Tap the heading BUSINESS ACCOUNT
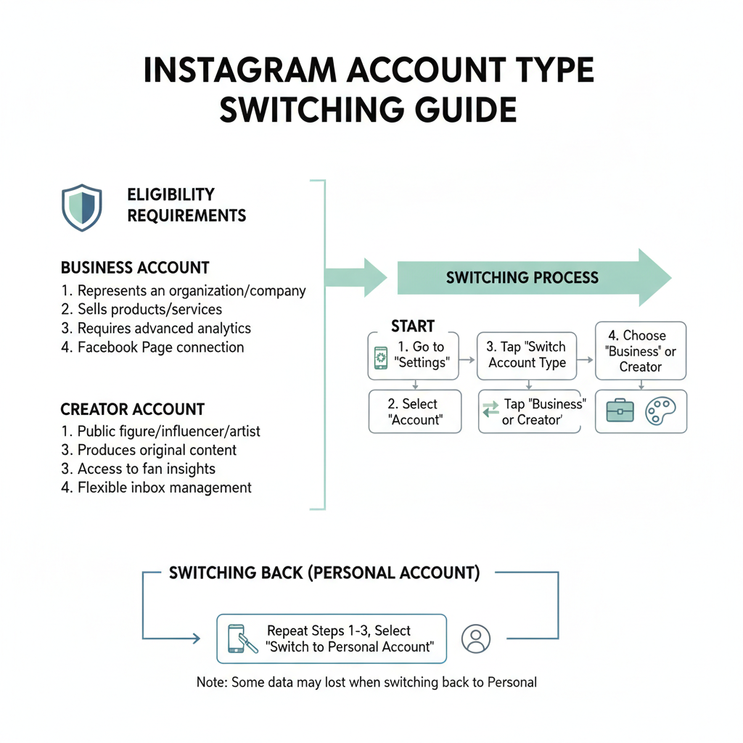[x=135, y=268]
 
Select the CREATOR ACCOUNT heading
[x=133, y=409]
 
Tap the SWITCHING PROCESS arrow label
[x=522, y=278]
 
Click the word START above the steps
[x=413, y=326]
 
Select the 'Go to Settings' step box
[x=414, y=356]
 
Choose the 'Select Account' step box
[x=414, y=411]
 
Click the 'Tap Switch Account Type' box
[x=527, y=356]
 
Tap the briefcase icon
[x=620, y=411]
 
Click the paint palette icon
[x=660, y=411]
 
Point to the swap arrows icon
[x=490, y=411]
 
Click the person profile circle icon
[x=476, y=639]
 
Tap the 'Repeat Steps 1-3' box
[x=332, y=639]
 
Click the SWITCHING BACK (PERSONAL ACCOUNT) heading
[x=324, y=573]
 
